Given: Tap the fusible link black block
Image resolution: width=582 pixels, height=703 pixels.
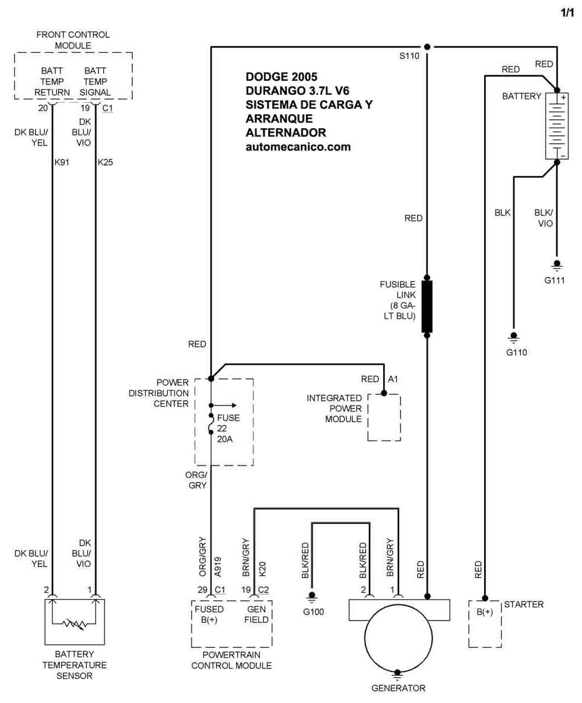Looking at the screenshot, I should pyautogui.click(x=427, y=306).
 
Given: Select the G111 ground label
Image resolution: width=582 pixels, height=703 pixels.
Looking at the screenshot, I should pyautogui.click(x=556, y=280).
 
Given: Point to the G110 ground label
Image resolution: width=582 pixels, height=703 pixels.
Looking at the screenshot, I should pyautogui.click(x=516, y=352).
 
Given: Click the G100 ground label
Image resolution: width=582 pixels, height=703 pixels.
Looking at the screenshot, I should pyautogui.click(x=313, y=612).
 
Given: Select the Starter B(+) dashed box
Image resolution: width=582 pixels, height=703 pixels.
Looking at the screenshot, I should pyautogui.click(x=485, y=623).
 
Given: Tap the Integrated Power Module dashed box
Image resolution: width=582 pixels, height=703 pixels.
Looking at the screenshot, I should pyautogui.click(x=384, y=417).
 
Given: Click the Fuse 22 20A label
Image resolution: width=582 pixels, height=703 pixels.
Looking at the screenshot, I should pyautogui.click(x=228, y=427).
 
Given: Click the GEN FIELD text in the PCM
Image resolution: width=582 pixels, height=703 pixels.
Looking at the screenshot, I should pyautogui.click(x=257, y=615).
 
